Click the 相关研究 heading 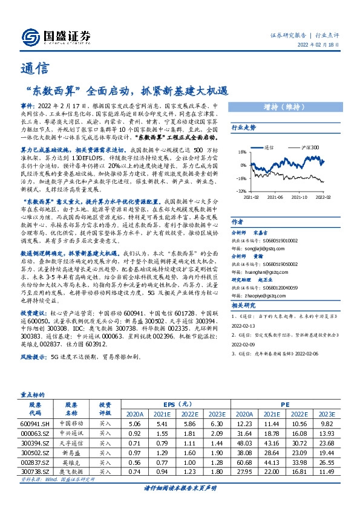244,306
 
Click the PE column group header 284,404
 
